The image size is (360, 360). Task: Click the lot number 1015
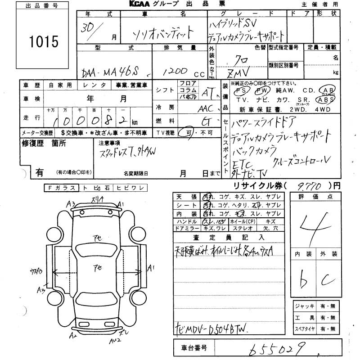tap(43, 42)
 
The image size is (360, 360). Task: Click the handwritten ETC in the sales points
tap(242, 164)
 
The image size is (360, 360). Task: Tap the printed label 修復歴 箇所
tap(44, 144)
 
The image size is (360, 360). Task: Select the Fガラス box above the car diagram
tap(61, 188)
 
